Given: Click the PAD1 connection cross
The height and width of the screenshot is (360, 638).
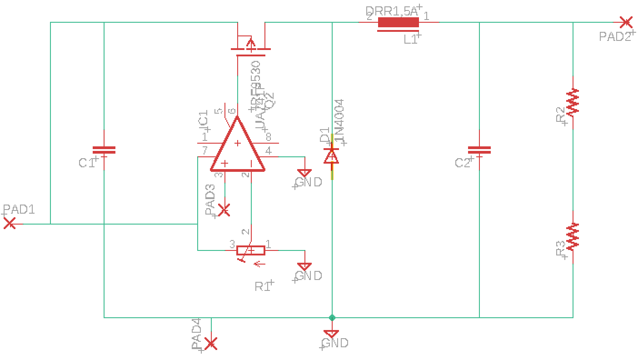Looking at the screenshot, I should click(10, 224).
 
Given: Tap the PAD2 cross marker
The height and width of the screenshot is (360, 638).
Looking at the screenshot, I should click(626, 22).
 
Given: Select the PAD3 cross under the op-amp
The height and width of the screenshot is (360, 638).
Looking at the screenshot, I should click(224, 210).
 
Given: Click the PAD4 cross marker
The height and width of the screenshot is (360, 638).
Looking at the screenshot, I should click(210, 344).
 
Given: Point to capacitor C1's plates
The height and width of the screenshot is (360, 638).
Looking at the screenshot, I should click(104, 150).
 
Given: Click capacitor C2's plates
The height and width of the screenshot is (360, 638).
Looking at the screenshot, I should click(479, 150).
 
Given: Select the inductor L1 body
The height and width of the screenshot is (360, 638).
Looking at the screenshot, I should click(398, 22).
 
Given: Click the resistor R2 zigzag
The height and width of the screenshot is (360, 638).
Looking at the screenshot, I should click(573, 102).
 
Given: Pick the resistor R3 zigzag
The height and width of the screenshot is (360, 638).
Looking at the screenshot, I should click(573, 236).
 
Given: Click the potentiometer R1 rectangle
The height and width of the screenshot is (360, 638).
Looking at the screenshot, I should click(251, 250).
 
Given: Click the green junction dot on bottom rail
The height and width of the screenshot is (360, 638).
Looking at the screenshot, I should click(332, 317).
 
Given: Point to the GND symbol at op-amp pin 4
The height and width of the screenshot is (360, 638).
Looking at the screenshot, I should click(304, 173).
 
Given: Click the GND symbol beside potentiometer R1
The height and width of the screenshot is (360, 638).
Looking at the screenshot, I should click(304, 267).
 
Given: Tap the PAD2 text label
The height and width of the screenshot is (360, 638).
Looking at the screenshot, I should click(615, 37).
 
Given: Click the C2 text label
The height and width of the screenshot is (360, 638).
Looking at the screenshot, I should click(463, 163).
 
